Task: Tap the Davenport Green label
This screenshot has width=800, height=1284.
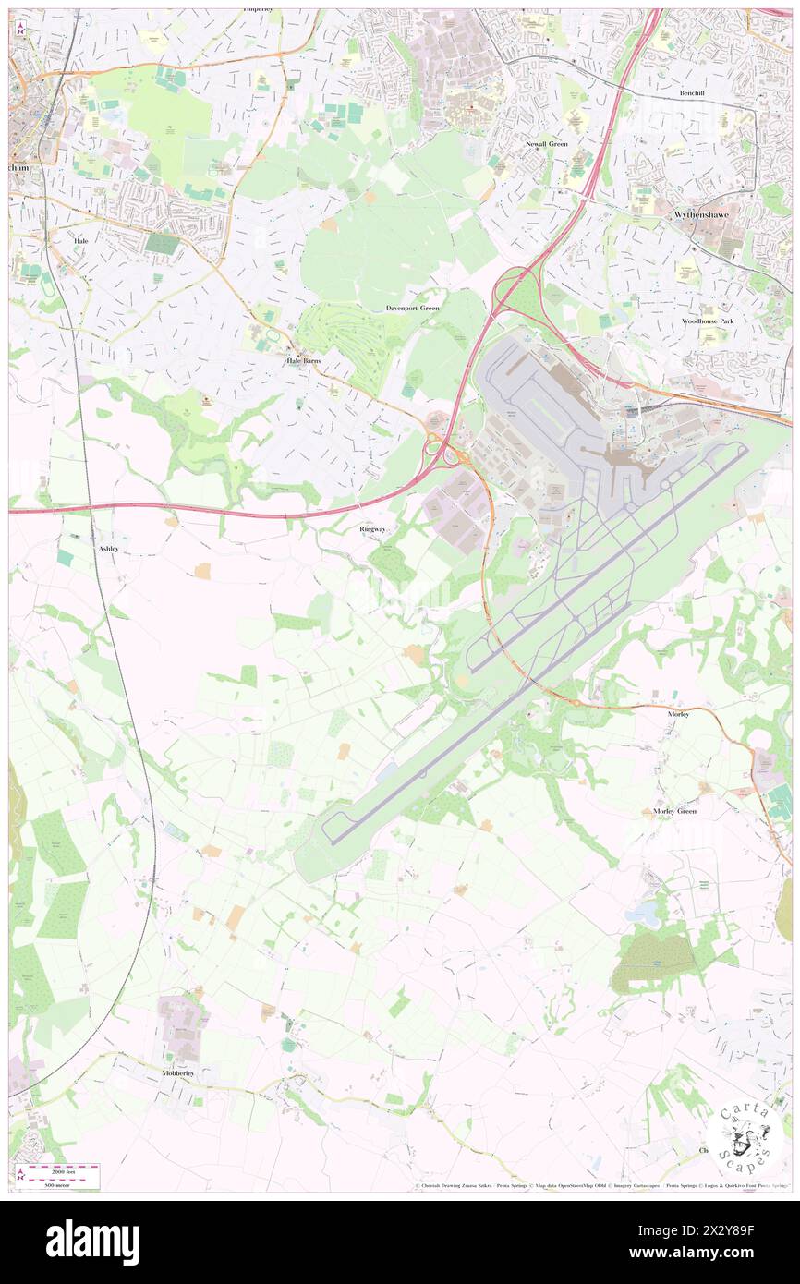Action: tap(412, 307)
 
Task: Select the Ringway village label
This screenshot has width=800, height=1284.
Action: tap(373, 529)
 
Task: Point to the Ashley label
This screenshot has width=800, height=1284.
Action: tap(107, 548)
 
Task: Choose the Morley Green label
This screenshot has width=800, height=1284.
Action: tap(674, 811)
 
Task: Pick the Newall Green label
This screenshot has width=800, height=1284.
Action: tap(548, 144)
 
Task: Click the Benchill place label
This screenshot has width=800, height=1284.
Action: tap(692, 93)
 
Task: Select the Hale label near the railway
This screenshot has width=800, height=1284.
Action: tap(80, 239)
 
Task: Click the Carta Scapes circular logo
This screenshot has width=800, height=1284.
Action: tap(745, 1138)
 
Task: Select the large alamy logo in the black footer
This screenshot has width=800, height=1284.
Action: tap(92, 1242)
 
